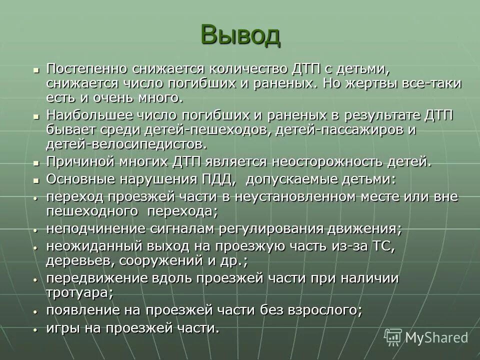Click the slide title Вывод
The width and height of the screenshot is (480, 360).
[240, 35]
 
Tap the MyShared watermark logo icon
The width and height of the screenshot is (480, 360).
[393, 337]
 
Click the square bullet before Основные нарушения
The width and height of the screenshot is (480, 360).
[35, 179]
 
